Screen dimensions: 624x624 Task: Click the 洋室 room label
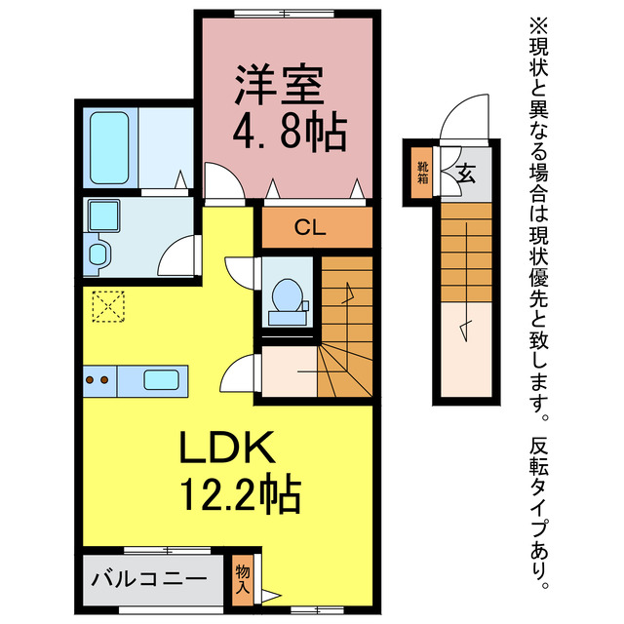[278, 87]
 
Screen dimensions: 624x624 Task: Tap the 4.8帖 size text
[289, 132]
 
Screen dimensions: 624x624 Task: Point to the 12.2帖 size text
[237, 496]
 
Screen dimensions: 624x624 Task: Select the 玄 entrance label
[466, 175]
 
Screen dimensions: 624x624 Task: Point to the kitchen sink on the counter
[162, 379]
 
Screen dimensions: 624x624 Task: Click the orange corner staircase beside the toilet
[346, 327]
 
